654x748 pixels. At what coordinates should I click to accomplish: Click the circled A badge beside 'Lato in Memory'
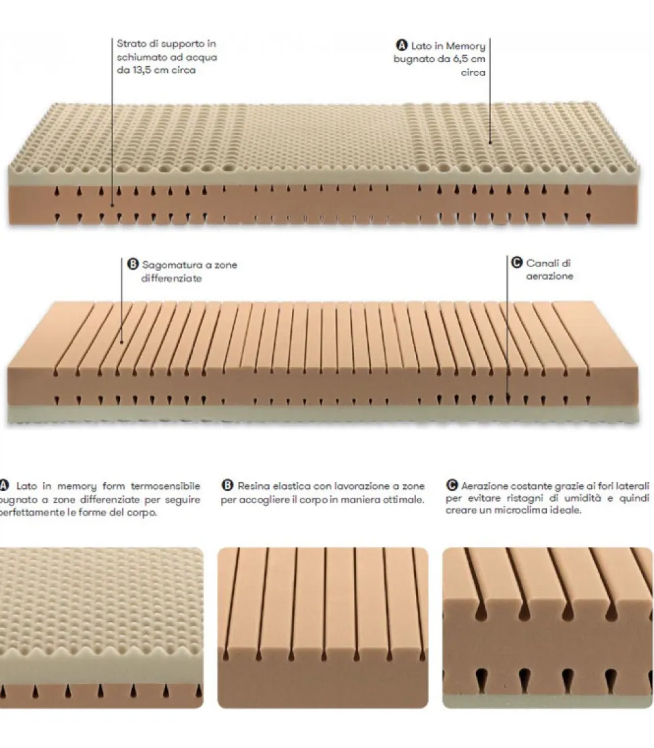pyautogui.click(x=401, y=46)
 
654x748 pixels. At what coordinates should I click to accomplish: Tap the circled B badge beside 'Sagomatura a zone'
pyautogui.click(x=133, y=265)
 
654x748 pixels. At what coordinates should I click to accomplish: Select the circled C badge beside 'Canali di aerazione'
pyautogui.click(x=517, y=264)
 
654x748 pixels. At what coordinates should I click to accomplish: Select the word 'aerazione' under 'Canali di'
pyautogui.click(x=549, y=277)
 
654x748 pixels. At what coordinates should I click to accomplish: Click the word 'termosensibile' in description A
pyautogui.click(x=165, y=486)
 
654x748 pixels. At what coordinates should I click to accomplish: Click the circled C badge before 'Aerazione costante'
pyautogui.click(x=451, y=485)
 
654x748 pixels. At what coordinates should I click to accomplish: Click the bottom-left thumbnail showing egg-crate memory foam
pyautogui.click(x=101, y=627)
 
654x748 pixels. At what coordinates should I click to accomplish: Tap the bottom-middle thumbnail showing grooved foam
pyautogui.click(x=322, y=627)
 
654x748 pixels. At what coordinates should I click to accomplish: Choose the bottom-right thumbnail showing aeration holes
pyautogui.click(x=547, y=627)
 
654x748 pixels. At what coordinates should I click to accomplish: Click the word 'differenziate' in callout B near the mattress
pyautogui.click(x=171, y=278)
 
